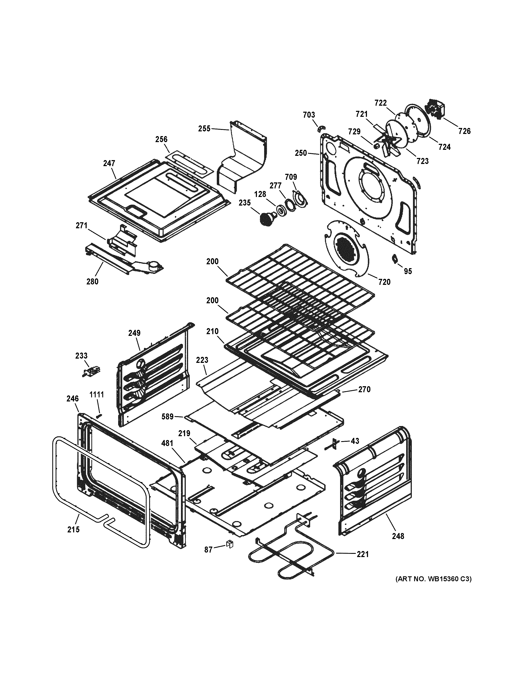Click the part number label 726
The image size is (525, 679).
[x=464, y=131]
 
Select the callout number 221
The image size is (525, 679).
[x=362, y=554]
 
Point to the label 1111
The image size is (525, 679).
[x=97, y=395]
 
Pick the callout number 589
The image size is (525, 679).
[x=167, y=416]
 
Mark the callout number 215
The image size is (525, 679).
[x=73, y=529]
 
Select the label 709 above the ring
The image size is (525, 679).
[x=291, y=177]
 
